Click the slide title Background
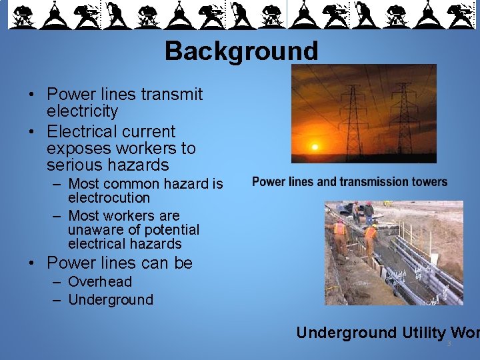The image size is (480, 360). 241,51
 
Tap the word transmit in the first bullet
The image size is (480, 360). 169,95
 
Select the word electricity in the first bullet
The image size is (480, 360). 82,111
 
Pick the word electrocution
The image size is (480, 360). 109,198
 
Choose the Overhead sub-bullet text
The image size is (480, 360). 100,282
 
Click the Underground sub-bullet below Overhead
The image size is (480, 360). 111,300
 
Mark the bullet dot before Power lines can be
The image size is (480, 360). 32,264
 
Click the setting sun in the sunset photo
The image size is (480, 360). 315,146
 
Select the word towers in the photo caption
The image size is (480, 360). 429,182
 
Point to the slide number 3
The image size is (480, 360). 449,344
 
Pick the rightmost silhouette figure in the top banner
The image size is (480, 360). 460,15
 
